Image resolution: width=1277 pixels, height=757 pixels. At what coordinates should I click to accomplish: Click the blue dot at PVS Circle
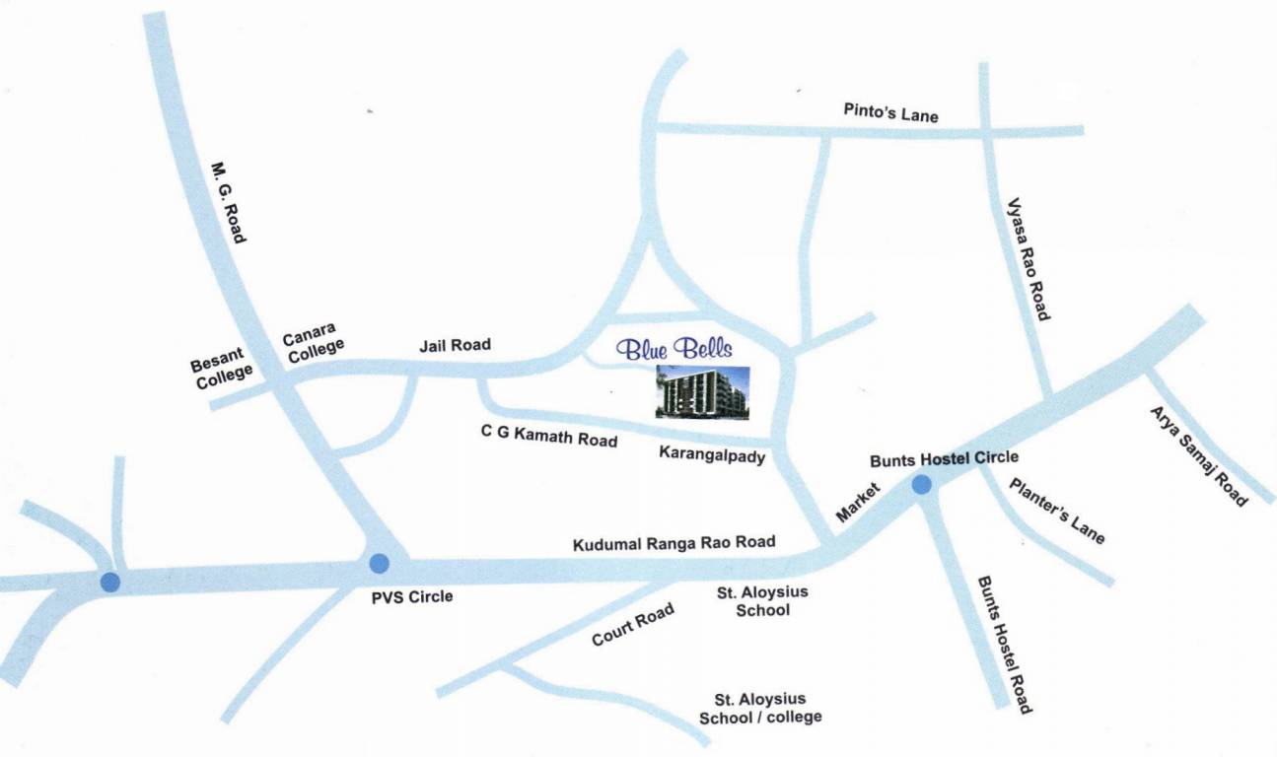tap(379, 564)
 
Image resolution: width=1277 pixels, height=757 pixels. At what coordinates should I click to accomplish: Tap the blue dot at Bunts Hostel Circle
tap(921, 484)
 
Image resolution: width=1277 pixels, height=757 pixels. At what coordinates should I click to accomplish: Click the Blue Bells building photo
tap(703, 392)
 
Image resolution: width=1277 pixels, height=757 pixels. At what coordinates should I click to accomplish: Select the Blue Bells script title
tap(674, 348)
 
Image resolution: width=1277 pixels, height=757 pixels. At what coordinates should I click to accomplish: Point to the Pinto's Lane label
tap(890, 112)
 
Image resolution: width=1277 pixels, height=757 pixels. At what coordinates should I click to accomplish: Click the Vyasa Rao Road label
tap(1027, 259)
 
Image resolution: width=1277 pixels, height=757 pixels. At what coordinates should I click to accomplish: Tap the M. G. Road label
tap(229, 202)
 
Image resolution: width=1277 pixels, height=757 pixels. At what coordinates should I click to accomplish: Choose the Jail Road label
tap(455, 345)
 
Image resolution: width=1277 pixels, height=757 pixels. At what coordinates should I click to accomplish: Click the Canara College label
tap(314, 341)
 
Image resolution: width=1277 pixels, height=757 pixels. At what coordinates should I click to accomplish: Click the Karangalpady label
tap(712, 455)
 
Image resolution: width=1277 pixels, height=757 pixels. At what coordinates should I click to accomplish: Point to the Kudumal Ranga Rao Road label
tap(674, 543)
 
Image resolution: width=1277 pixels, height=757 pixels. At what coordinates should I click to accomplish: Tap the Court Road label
tap(633, 625)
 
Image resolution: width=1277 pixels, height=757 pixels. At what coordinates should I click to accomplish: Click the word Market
tap(855, 502)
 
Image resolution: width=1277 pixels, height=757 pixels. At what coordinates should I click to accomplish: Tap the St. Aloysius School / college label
tap(760, 708)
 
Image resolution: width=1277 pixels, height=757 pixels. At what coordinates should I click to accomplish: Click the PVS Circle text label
tap(412, 595)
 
